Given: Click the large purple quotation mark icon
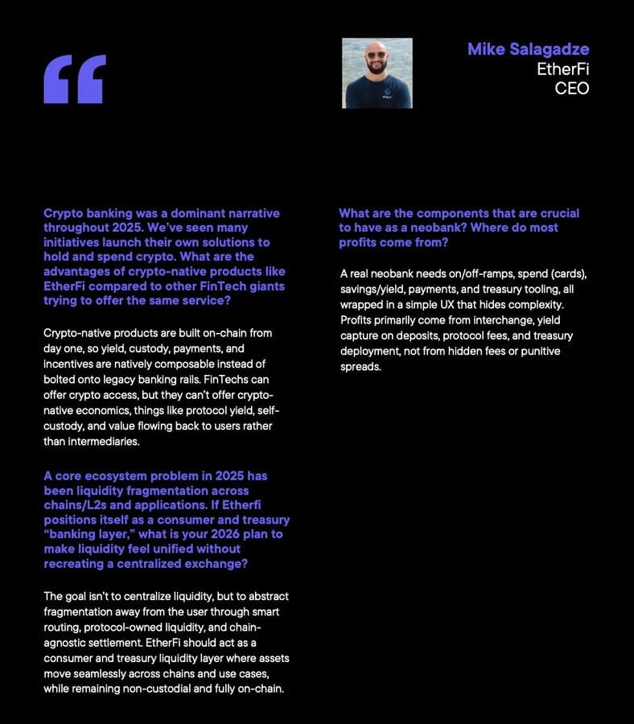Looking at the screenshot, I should (x=75, y=79).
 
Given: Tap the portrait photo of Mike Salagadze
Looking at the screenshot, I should (x=377, y=73).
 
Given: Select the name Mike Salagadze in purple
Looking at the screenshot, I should (x=528, y=50).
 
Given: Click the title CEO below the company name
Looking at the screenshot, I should (x=572, y=88).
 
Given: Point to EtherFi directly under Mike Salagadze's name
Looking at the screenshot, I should (x=563, y=69).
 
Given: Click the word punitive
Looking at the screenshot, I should (x=537, y=351).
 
